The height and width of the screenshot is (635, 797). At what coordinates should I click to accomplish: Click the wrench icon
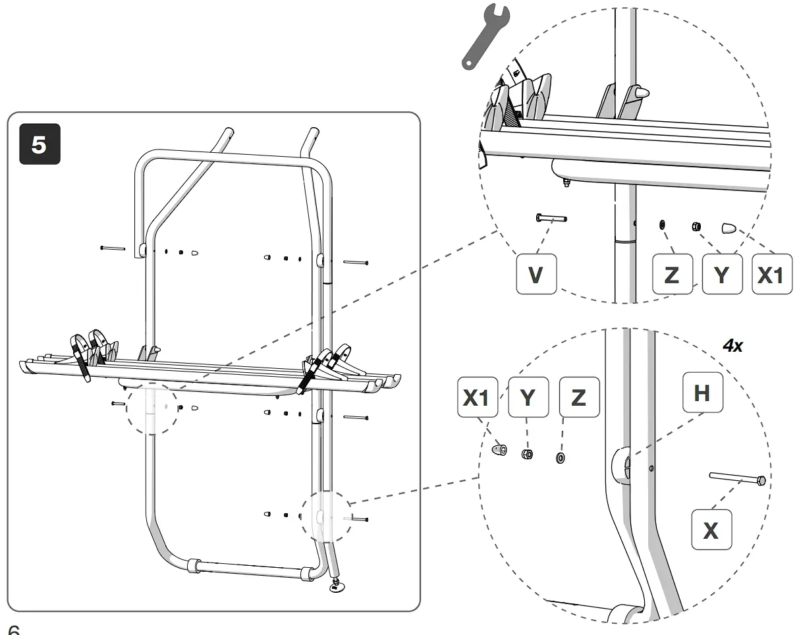tap(484, 38)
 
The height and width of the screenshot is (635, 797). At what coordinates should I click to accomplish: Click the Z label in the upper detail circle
tap(672, 275)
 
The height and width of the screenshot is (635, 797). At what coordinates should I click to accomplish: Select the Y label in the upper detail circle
tap(722, 275)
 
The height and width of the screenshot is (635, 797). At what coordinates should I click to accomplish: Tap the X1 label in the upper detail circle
tap(771, 275)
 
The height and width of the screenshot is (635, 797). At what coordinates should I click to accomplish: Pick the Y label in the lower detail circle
tap(528, 397)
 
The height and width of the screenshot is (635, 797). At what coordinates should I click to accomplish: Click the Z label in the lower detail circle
tap(578, 397)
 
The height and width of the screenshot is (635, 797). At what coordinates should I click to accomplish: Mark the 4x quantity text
tap(732, 346)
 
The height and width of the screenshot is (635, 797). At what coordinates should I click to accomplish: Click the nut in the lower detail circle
tap(527, 454)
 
